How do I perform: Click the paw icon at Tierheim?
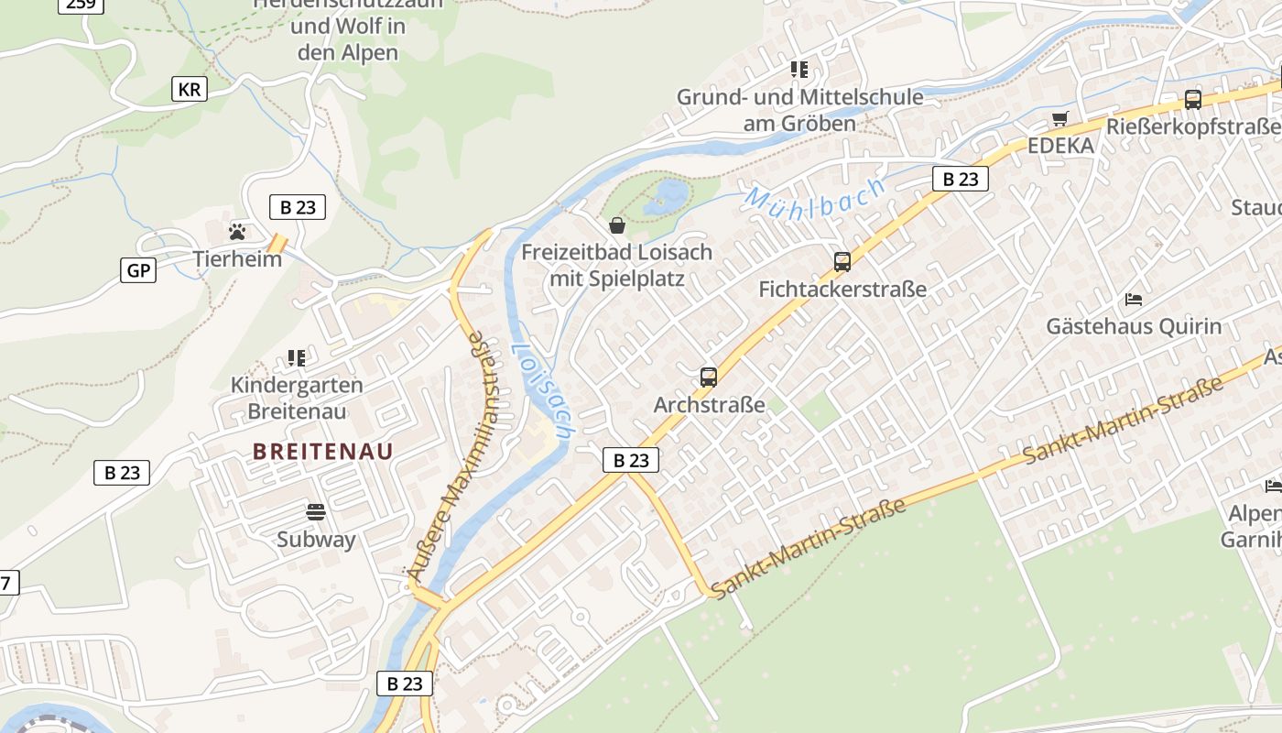pos(237,231)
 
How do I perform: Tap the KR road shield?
pos(189,89)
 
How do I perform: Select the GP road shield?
pos(137,270)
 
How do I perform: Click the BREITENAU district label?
pos(322,451)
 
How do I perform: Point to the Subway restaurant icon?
pos(316,511)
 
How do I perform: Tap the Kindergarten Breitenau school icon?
pos(296,357)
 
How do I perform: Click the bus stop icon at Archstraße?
pos(708,377)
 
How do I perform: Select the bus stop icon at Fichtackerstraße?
pos(842,261)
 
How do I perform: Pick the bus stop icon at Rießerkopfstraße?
pos(1192,99)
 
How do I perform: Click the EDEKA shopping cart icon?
pos(1059,117)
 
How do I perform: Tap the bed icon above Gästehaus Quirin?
pos(1133,299)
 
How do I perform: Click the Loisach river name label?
pos(542,389)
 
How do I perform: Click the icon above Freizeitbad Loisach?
pos(616,224)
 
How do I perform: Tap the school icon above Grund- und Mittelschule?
pos(799,69)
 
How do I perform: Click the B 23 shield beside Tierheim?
pos(298,207)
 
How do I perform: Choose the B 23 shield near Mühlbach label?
pos(961,179)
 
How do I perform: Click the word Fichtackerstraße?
pos(842,290)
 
